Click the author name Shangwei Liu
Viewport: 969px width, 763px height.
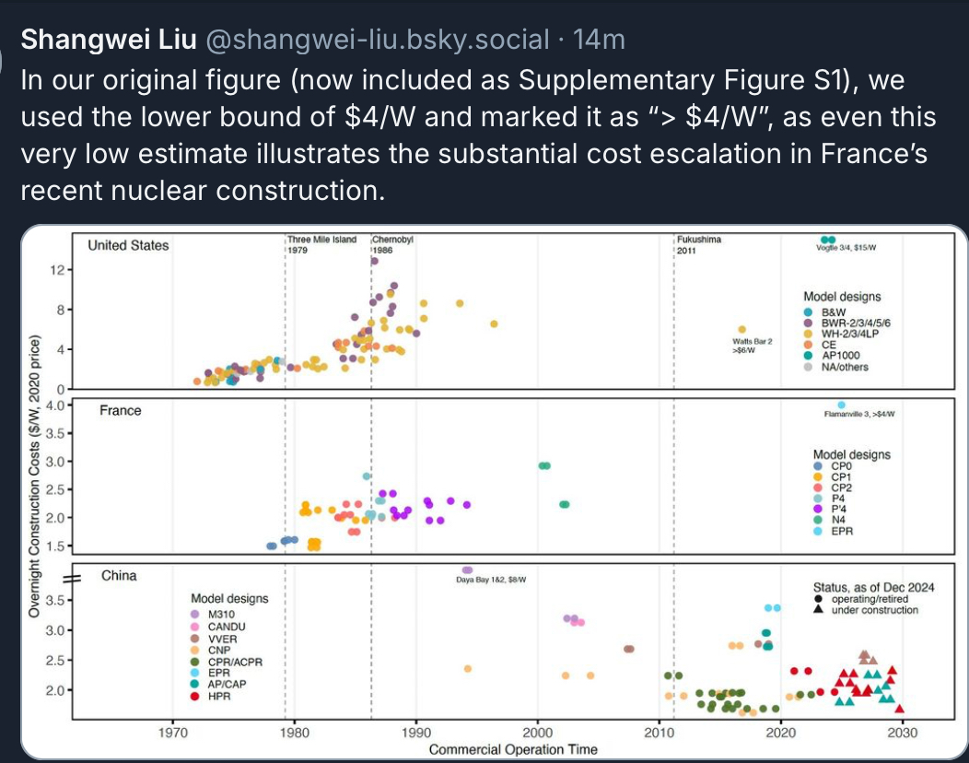pos(105,40)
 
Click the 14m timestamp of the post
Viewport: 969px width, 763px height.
pos(599,40)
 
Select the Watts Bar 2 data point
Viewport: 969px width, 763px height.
pos(741,330)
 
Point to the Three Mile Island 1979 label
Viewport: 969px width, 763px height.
pos(321,244)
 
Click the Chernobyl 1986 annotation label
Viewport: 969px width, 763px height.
pos(393,244)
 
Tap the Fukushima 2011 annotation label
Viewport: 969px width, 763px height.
pos(698,244)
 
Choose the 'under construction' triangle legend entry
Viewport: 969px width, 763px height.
pos(874,610)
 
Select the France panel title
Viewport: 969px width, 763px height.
pos(121,410)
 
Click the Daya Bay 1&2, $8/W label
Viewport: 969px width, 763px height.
pos(497,579)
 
